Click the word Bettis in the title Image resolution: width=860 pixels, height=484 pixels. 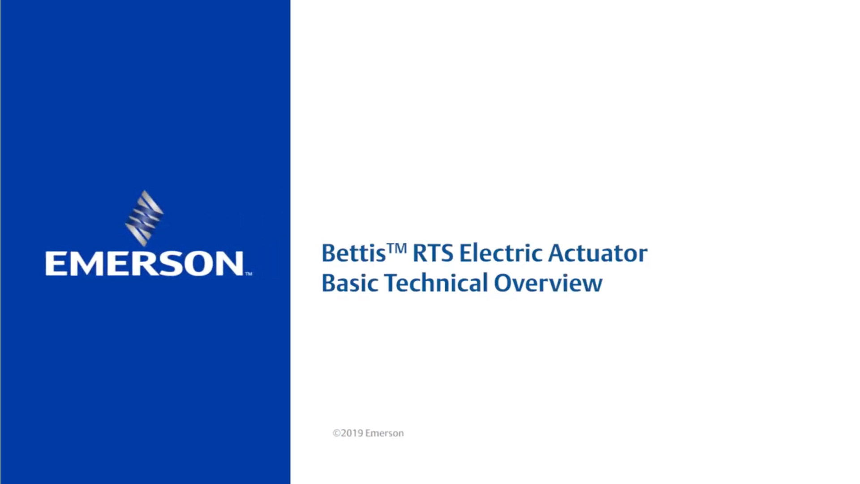pyautogui.click(x=353, y=254)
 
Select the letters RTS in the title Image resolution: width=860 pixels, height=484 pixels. pyautogui.click(x=433, y=254)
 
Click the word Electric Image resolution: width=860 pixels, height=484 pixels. pyautogui.click(x=501, y=254)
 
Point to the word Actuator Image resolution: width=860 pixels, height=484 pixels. pyautogui.click(x=598, y=254)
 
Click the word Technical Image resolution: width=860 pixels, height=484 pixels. pyautogui.click(x=436, y=283)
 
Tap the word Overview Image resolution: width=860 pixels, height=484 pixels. pyautogui.click(x=548, y=283)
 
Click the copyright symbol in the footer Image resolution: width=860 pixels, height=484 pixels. pyautogui.click(x=336, y=433)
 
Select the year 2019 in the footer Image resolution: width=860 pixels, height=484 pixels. pyautogui.click(x=352, y=433)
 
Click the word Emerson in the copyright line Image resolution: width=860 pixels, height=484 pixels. pyautogui.click(x=384, y=433)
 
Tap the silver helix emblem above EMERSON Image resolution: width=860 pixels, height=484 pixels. pyautogui.click(x=144, y=218)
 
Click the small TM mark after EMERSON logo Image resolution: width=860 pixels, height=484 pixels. pyautogui.click(x=249, y=273)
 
